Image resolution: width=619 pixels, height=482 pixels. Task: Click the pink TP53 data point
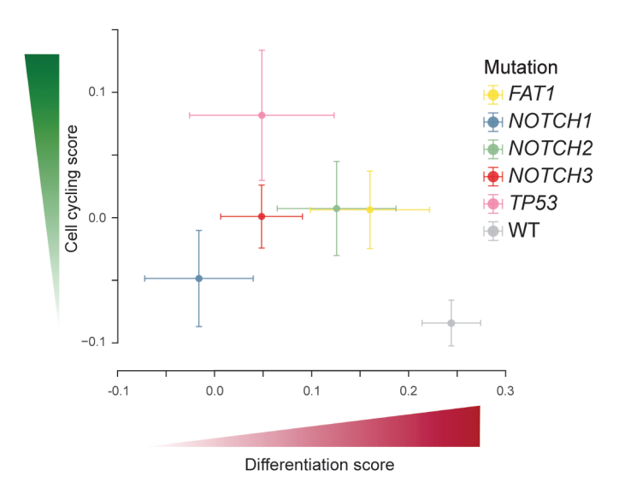[x=262, y=115]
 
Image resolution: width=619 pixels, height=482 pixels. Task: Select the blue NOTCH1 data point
[x=199, y=278]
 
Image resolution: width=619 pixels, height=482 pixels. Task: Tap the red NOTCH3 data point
[x=262, y=216]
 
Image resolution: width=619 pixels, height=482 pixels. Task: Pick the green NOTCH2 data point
[x=337, y=209]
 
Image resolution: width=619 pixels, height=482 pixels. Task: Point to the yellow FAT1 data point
[x=369, y=209]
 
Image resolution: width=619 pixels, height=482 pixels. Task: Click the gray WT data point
[x=451, y=322]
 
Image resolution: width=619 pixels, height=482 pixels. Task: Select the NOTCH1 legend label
[x=550, y=121]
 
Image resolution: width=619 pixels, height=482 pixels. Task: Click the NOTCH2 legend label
[x=550, y=149]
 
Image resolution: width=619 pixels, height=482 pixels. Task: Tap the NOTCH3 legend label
[x=550, y=176]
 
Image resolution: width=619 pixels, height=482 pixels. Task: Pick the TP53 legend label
[x=536, y=203]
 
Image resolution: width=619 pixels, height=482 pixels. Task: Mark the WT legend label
[x=524, y=231]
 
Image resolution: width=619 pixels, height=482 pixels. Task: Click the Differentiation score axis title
[x=319, y=466]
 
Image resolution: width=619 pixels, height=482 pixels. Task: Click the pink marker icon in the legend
[x=492, y=203]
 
